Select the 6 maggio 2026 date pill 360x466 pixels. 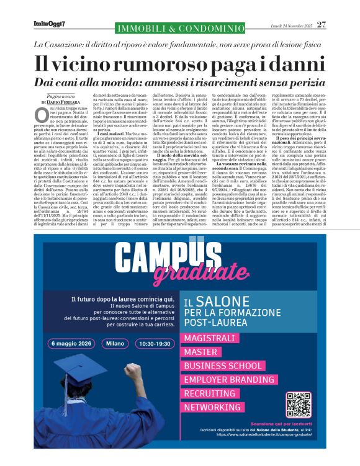pyautogui.click(x=71, y=343)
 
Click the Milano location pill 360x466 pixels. pyautogui.click(x=115, y=343)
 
